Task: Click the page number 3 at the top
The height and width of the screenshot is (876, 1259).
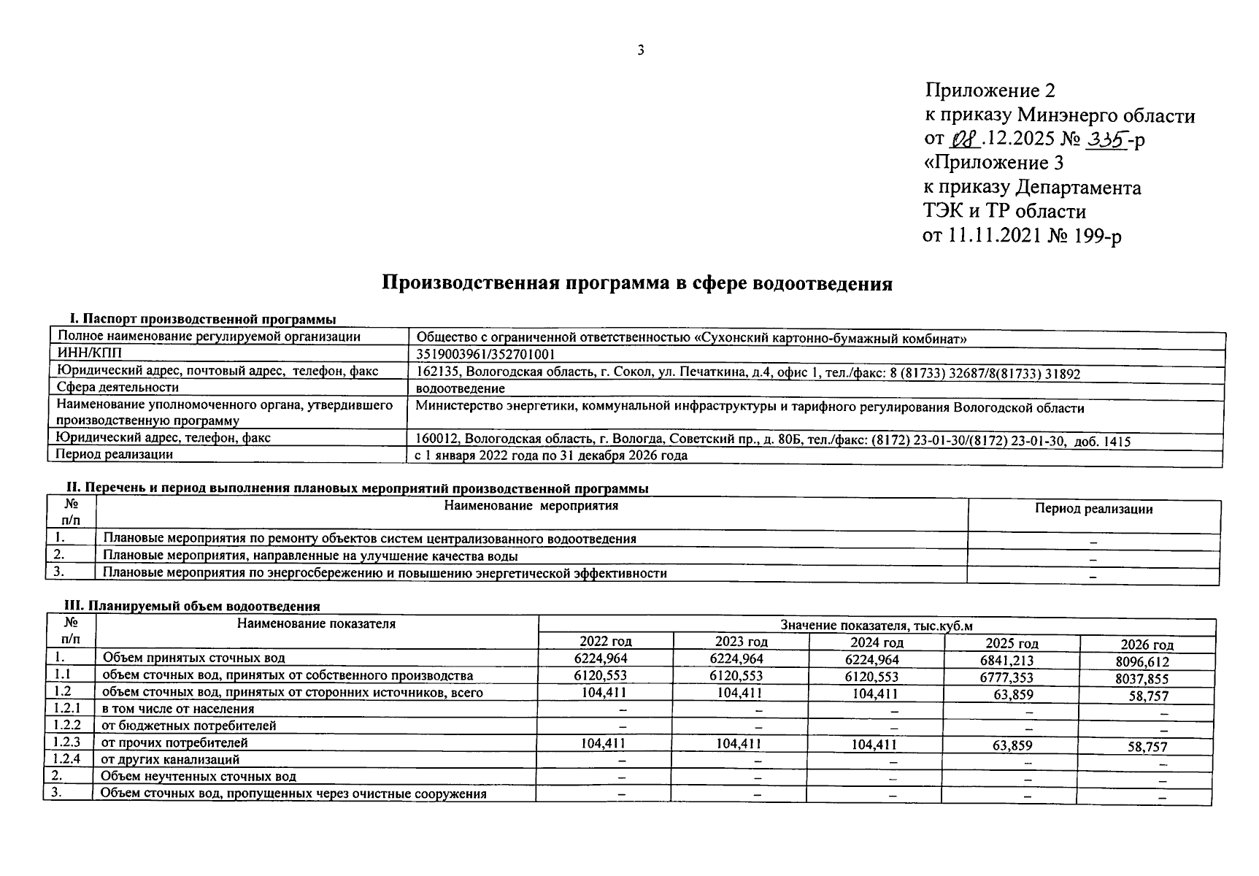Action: point(641,50)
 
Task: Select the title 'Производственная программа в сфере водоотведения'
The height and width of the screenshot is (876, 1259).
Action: point(637,283)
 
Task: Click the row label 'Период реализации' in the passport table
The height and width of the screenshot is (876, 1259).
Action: point(115,454)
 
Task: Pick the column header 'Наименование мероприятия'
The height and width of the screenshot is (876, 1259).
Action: point(531,505)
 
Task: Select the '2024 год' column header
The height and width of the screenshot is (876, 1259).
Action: point(877,642)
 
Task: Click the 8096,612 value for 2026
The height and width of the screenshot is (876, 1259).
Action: point(1147,662)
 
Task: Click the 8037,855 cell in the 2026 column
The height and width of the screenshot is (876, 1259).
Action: point(1147,679)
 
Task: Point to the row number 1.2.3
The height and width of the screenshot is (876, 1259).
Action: point(67,742)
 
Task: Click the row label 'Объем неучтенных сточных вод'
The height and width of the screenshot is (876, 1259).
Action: point(199,776)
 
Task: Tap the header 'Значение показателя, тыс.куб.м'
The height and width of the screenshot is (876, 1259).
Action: point(876,626)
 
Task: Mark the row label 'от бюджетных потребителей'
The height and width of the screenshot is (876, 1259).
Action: point(188,726)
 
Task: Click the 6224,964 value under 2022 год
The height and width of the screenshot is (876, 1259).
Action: point(605,658)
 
